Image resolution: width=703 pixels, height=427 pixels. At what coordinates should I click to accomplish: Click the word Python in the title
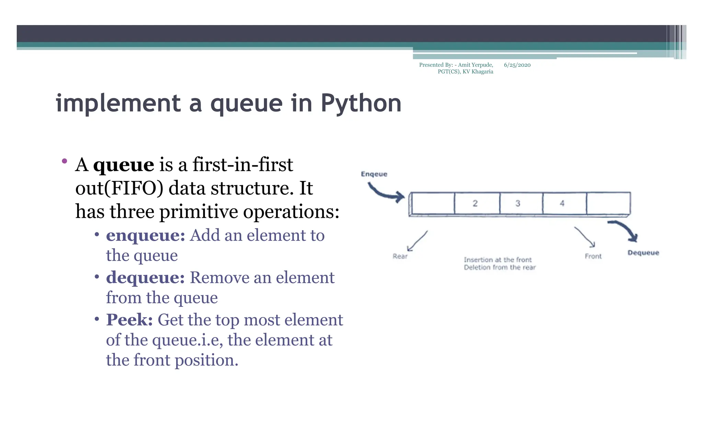click(361, 103)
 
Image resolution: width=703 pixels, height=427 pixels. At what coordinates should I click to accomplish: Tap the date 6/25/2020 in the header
click(517, 65)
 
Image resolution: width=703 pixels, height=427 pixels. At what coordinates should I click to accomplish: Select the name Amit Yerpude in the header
click(475, 65)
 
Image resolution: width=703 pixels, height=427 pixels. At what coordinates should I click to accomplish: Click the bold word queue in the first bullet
click(124, 165)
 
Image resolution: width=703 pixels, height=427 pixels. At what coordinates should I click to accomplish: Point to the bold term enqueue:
click(146, 235)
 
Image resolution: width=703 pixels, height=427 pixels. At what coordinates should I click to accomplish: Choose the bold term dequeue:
click(146, 278)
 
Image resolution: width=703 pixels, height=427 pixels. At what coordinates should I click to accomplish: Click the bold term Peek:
click(129, 320)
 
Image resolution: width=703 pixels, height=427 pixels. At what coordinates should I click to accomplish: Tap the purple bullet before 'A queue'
click(64, 161)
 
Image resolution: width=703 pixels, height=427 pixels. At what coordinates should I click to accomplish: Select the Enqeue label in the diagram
click(374, 174)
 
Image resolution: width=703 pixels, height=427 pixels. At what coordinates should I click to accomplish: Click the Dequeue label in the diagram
click(643, 252)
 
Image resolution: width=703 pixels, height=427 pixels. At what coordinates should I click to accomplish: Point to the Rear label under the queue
click(400, 256)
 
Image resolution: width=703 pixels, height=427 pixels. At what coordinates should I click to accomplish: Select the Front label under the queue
click(593, 256)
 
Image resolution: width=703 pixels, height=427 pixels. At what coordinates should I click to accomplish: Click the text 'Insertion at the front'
click(497, 260)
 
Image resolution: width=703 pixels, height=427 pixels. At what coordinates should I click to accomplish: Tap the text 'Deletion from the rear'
click(499, 267)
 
